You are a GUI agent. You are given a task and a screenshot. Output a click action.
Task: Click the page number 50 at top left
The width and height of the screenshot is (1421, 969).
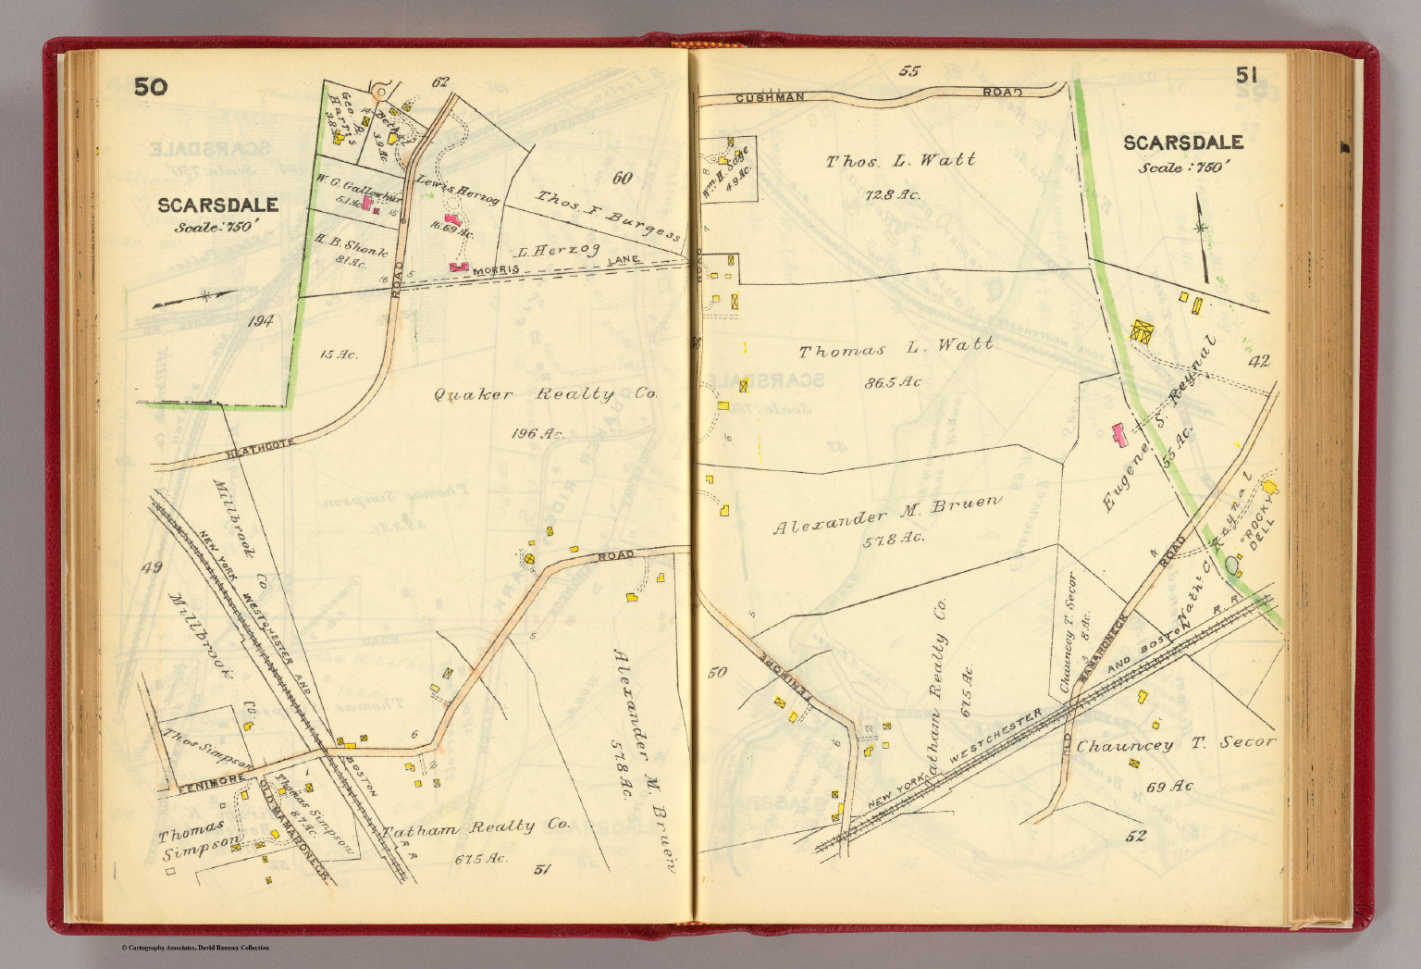click(151, 87)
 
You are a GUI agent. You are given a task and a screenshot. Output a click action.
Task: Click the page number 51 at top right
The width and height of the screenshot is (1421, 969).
click(1246, 76)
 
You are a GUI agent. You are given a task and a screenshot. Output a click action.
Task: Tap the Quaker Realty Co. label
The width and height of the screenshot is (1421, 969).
click(545, 394)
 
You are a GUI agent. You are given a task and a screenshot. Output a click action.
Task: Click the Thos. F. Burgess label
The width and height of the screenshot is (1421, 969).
click(608, 213)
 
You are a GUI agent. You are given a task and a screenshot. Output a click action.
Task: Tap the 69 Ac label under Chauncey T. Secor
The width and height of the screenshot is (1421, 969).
click(1168, 787)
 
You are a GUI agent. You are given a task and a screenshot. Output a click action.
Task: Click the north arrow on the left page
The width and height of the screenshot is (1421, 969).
click(195, 298)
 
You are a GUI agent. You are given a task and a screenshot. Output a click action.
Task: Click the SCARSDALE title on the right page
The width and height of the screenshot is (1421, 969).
click(1182, 143)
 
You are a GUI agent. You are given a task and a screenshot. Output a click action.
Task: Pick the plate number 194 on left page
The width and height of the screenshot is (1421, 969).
click(261, 321)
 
